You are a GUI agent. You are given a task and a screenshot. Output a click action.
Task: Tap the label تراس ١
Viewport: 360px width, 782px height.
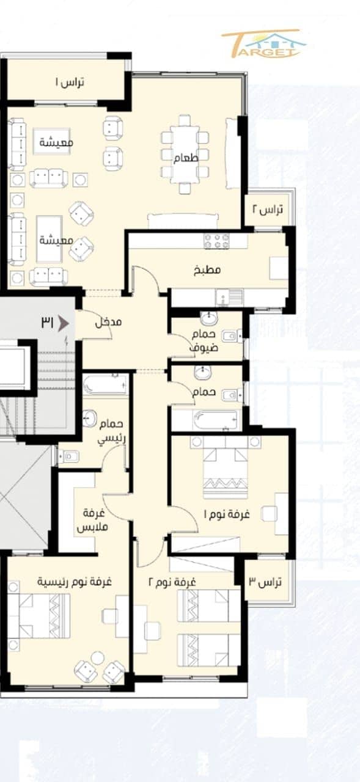pos(70,82)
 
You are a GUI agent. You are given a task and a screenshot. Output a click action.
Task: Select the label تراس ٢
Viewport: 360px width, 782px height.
pos(268,210)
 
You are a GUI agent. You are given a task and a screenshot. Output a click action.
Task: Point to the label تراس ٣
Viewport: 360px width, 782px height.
pos(265,582)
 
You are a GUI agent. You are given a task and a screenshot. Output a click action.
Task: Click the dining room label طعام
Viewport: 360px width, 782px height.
pos(186,158)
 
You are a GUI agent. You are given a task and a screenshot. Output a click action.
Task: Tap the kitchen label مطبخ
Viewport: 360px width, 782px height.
pos(207,270)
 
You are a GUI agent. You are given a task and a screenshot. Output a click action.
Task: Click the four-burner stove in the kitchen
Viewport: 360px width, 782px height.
pos(217,241)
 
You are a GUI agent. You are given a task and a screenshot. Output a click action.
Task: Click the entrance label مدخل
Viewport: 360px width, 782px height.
pos(108,322)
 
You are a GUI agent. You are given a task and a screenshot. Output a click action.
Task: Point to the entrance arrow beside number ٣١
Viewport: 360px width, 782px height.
pos(63,324)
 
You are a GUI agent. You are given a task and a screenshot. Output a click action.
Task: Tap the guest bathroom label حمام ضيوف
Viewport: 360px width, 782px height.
pos(204,341)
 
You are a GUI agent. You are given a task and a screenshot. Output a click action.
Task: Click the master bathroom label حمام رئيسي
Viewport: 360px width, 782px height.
pos(111,432)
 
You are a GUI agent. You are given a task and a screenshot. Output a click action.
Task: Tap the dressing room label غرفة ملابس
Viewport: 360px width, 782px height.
pos(92,520)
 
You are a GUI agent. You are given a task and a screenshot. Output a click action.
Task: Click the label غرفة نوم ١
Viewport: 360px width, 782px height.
pos(227,514)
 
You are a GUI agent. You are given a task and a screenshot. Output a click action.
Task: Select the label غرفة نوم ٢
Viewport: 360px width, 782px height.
pos(172,582)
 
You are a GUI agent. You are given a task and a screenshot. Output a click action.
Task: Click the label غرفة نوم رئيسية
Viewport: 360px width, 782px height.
pos(75,582)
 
